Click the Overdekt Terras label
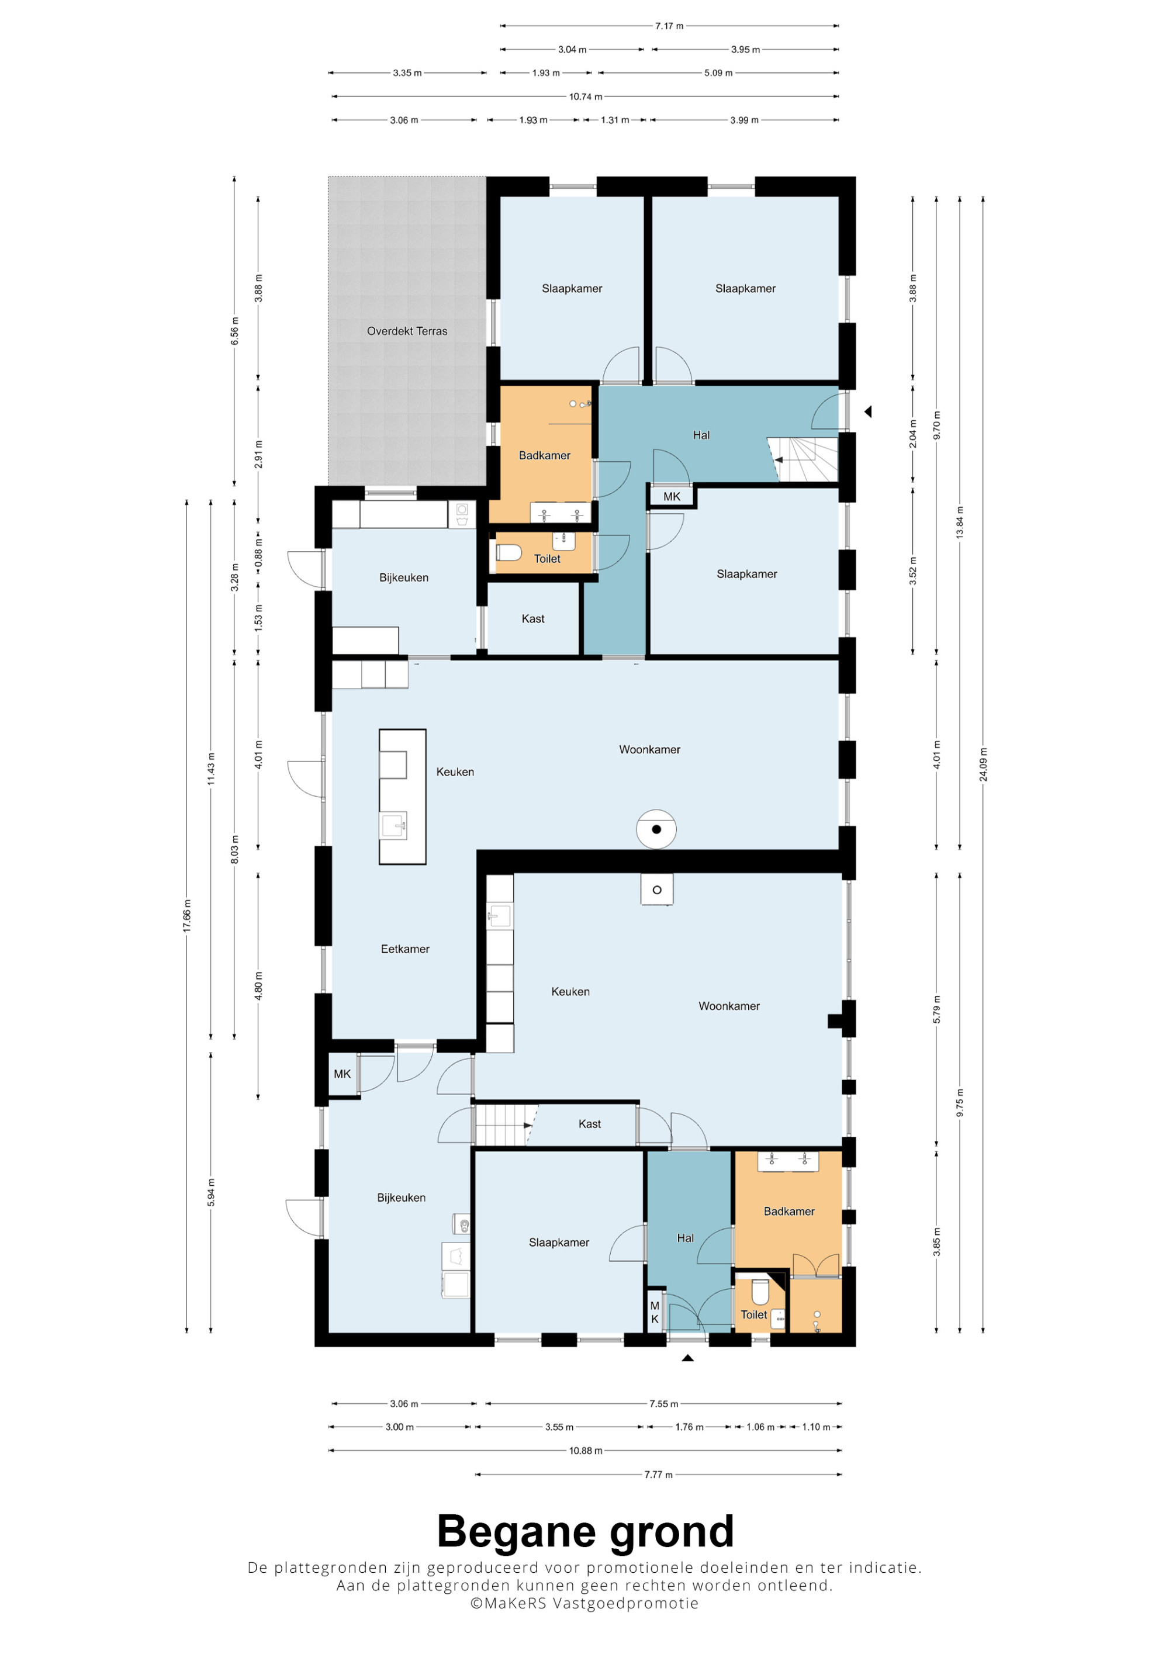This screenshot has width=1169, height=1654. pyautogui.click(x=407, y=331)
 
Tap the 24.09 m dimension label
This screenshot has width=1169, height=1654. pyautogui.click(x=983, y=764)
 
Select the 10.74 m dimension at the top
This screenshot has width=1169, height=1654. pyautogui.click(x=586, y=96)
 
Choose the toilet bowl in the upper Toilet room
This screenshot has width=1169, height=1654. pyautogui.click(x=509, y=552)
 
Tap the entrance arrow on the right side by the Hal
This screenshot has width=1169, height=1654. pyautogui.click(x=868, y=411)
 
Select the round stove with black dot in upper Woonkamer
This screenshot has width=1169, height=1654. pyautogui.click(x=656, y=829)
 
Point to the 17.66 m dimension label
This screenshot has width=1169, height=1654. pyautogui.click(x=187, y=916)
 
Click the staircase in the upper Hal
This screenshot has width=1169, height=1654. pyautogui.click(x=802, y=459)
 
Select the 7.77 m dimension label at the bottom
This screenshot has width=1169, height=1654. pyautogui.click(x=658, y=1474)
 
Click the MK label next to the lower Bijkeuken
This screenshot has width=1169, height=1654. pyautogui.click(x=342, y=1074)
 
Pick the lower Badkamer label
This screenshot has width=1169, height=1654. pyautogui.click(x=788, y=1211)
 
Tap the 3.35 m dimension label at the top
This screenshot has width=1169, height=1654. pyautogui.click(x=407, y=72)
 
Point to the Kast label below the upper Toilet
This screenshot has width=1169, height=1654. pyautogui.click(x=533, y=618)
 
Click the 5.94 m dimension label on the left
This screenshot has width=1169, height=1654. pyautogui.click(x=211, y=1192)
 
